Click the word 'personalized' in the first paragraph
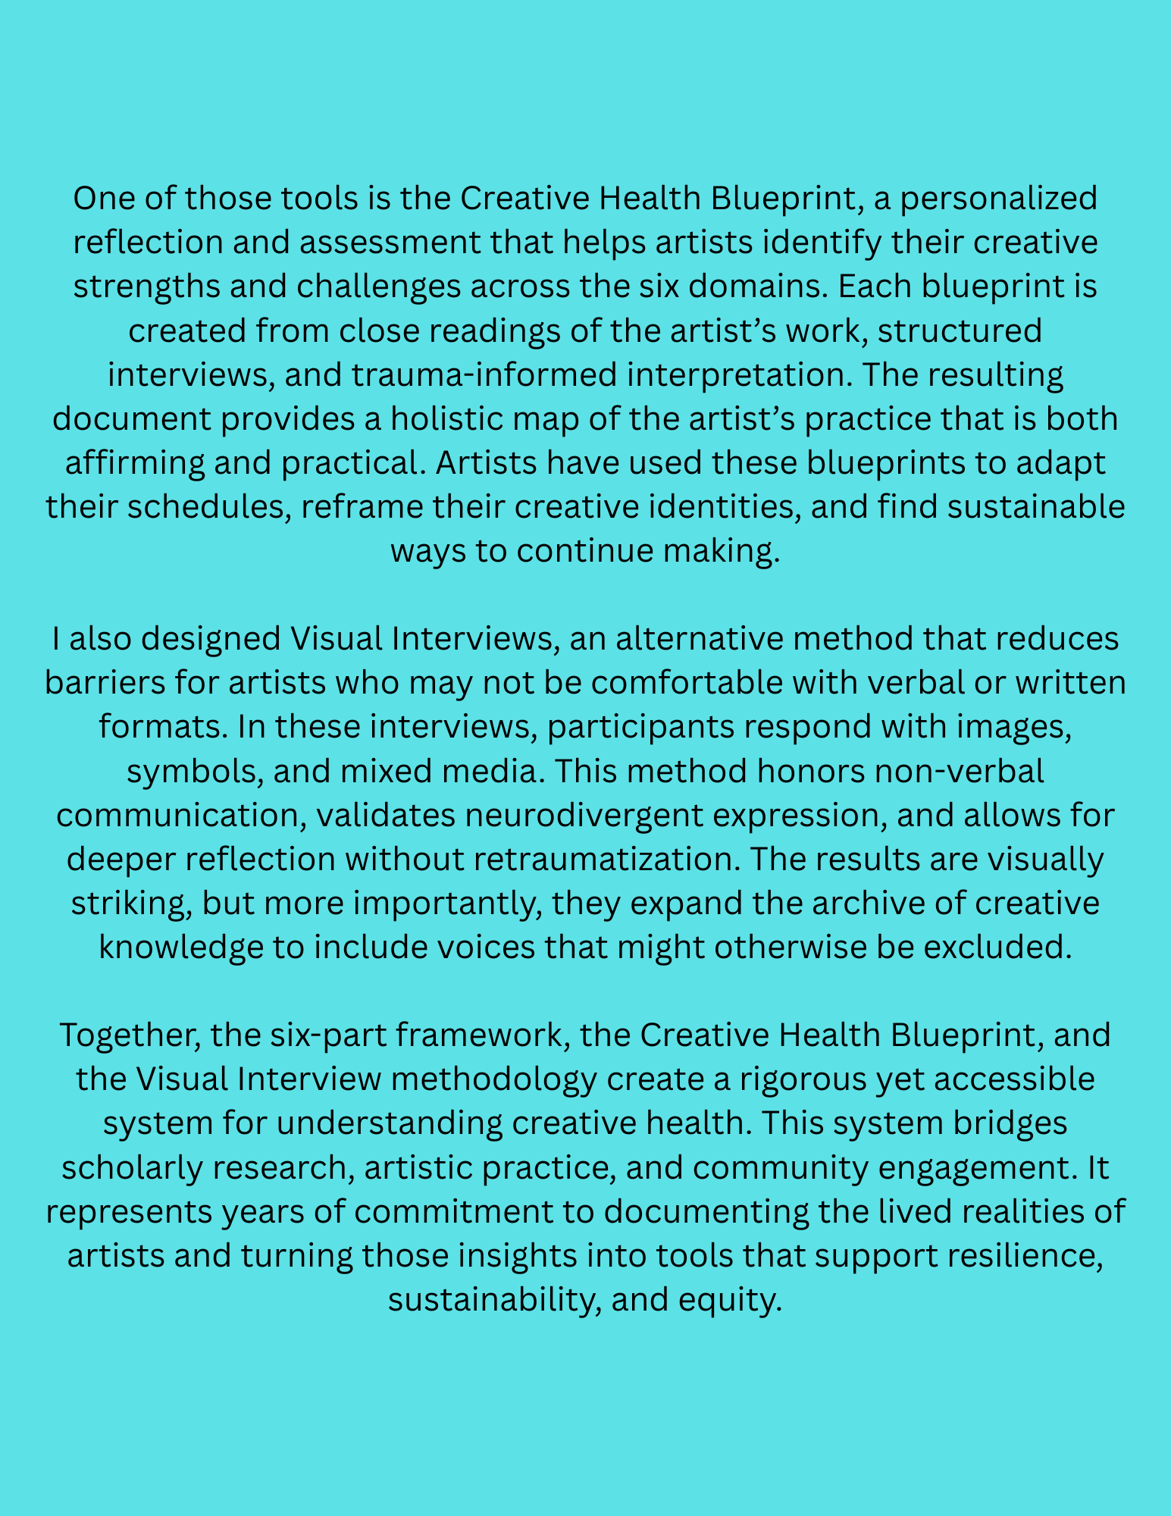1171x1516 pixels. coord(998,199)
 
